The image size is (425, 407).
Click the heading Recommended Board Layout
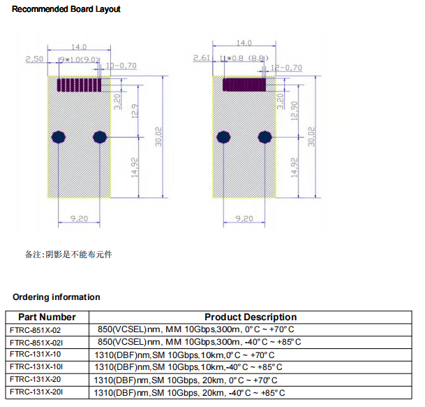coord(66,9)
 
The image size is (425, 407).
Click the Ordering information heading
coord(56,297)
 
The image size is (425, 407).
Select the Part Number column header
coord(47,317)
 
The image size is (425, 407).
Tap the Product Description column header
coord(251,317)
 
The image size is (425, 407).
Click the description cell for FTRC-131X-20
coord(185,380)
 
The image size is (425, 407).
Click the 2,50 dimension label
coord(34,60)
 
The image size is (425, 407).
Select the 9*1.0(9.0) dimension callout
coord(80,60)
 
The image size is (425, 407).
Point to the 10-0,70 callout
coord(121,66)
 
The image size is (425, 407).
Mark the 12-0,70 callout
coord(285,68)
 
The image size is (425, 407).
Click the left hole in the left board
coord(59,136)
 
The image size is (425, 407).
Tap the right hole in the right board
coord(266,136)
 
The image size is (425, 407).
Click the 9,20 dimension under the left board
coord(79,219)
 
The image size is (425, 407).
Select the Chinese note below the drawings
coord(68,255)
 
